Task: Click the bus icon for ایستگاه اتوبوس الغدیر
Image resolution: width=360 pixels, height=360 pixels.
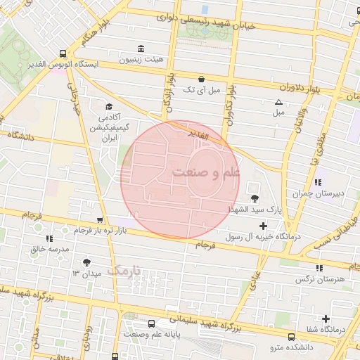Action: point(63,53)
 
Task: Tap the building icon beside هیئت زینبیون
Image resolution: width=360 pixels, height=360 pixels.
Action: point(141,49)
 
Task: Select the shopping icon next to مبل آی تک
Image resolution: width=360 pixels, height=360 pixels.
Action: point(202,79)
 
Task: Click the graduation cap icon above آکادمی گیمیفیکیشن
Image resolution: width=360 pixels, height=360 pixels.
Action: point(108,105)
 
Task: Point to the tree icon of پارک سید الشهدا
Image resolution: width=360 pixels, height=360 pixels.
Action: point(254,199)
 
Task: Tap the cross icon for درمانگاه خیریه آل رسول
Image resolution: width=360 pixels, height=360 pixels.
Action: point(264,226)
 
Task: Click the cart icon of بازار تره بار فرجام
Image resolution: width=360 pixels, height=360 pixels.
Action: point(100,220)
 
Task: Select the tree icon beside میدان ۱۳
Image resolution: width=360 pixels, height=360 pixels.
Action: point(86,262)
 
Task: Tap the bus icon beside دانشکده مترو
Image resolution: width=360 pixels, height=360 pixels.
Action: point(292,336)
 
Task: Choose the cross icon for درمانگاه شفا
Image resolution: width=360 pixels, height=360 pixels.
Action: point(326,319)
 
